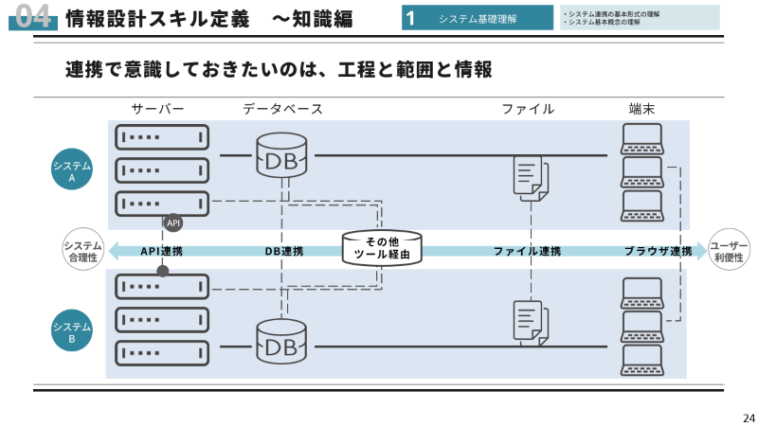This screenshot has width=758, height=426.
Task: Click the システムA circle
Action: pyautogui.click(x=72, y=169)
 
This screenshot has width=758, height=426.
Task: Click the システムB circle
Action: pyautogui.click(x=72, y=330)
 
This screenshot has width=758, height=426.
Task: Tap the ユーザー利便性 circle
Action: pyautogui.click(x=729, y=251)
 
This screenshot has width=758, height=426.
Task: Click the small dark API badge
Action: pyautogui.click(x=172, y=223)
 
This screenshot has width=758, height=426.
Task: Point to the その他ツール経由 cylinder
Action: pyautogui.click(x=382, y=249)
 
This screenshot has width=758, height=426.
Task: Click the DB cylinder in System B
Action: pyautogui.click(x=281, y=343)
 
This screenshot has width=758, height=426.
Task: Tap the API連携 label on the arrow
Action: pyautogui.click(x=162, y=252)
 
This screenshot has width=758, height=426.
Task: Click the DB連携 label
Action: pyautogui.click(x=283, y=252)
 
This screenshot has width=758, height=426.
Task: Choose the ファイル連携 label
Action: pyautogui.click(x=527, y=252)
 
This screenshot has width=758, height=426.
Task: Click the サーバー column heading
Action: pyautogui.click(x=157, y=109)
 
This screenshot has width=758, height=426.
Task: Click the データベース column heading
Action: pyautogui.click(x=282, y=109)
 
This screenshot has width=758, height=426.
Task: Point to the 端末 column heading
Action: pyautogui.click(x=642, y=109)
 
